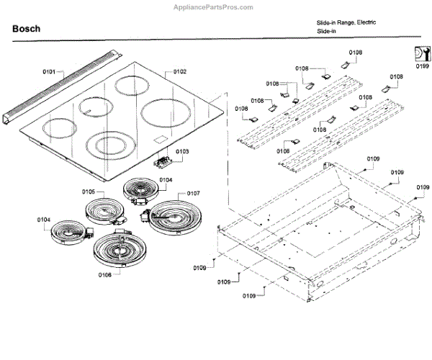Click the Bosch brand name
(x=26, y=29)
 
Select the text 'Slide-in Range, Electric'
(x=346, y=23)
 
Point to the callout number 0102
(x=179, y=72)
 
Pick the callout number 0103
(x=182, y=151)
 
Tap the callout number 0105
(x=89, y=192)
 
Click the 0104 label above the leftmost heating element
(x=44, y=218)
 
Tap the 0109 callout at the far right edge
(x=423, y=187)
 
